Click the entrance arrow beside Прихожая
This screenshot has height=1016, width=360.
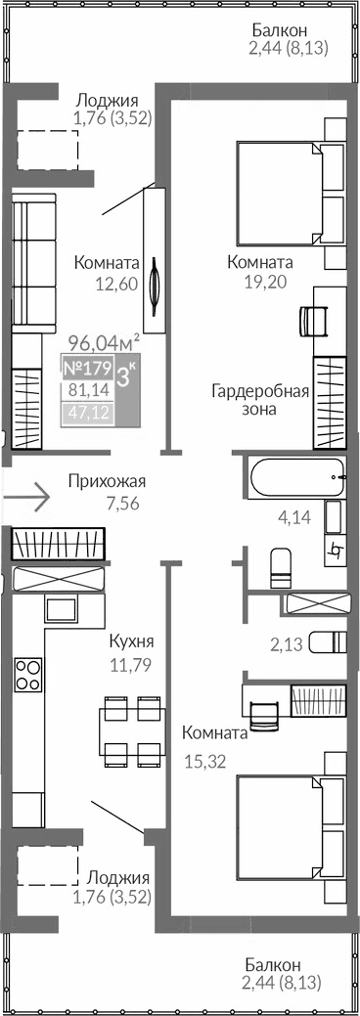27,497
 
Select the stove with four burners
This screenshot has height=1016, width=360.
27,674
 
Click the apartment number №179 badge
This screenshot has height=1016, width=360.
85,369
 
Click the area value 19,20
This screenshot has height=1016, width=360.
259,281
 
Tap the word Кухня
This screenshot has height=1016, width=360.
133,642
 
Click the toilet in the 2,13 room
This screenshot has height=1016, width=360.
327,642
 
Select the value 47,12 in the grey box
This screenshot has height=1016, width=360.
86,413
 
